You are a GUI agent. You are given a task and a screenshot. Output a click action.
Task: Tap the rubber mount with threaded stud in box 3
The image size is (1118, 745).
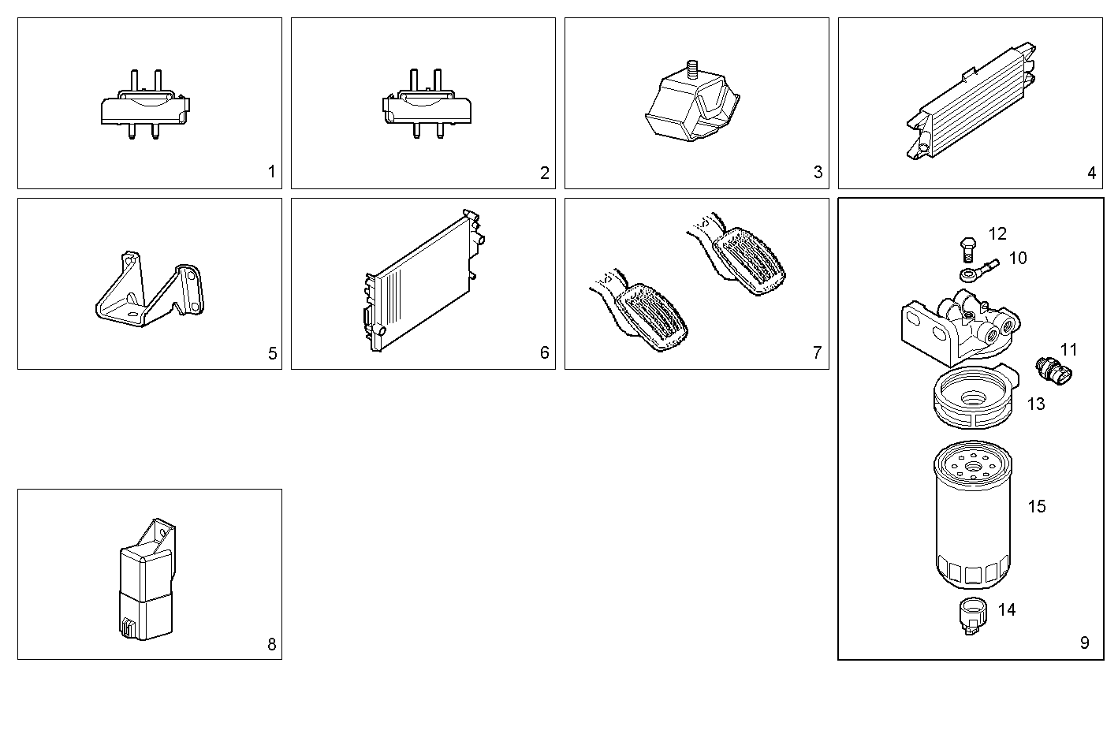pos(692,106)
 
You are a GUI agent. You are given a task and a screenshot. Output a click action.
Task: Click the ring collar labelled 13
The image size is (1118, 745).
pos(971,398)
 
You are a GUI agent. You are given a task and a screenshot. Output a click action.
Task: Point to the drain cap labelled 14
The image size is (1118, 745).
pos(971,615)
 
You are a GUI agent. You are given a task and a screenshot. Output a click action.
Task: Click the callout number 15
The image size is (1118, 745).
pos(1036,506)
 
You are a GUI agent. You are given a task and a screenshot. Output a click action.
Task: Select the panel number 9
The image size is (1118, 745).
pos(1084,643)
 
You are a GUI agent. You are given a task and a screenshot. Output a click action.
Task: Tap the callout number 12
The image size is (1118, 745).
pos(997,233)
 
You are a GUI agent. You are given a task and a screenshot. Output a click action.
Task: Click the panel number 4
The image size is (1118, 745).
pos(1091,173)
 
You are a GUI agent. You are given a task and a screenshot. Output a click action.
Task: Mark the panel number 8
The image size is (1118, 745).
pos(272,644)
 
